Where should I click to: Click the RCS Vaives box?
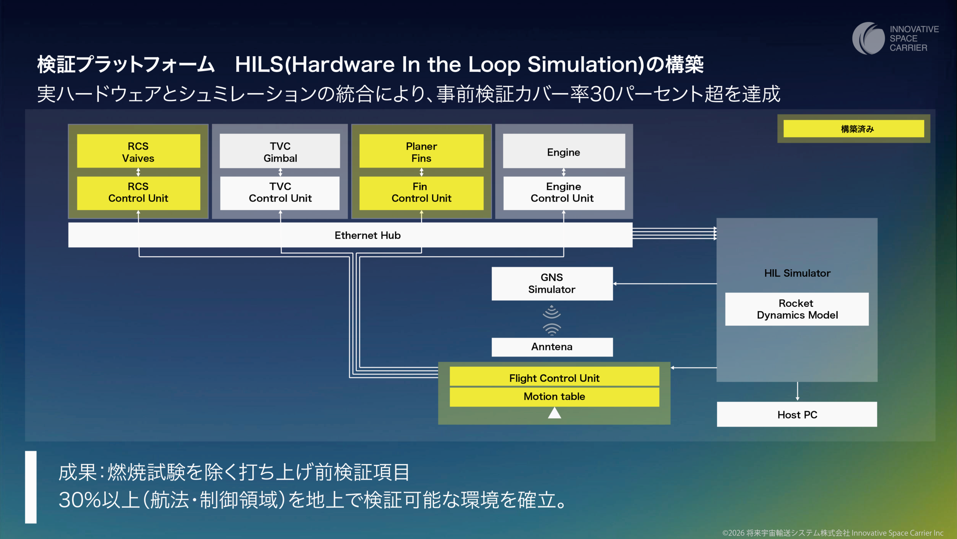[x=138, y=151]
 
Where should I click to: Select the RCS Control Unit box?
[x=138, y=193]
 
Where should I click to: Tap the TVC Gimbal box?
[x=280, y=151]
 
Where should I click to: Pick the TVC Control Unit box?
[x=280, y=193]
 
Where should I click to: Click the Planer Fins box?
[x=421, y=151]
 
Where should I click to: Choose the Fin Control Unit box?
[x=421, y=193]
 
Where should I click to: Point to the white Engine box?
[x=564, y=151]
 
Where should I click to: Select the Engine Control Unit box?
[x=564, y=193]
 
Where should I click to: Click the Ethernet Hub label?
[x=367, y=235]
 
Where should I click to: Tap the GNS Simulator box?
[x=552, y=284]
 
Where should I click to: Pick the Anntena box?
[x=552, y=347]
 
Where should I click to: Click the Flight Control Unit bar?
[x=554, y=378]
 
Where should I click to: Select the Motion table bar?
[x=554, y=396]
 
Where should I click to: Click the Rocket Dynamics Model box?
[x=797, y=309]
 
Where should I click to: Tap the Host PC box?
[x=797, y=414]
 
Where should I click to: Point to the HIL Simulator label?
[x=797, y=273]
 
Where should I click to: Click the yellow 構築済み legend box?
[x=853, y=129]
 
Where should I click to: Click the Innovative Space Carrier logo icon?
[x=868, y=38]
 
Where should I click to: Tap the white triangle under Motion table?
[x=554, y=413]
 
